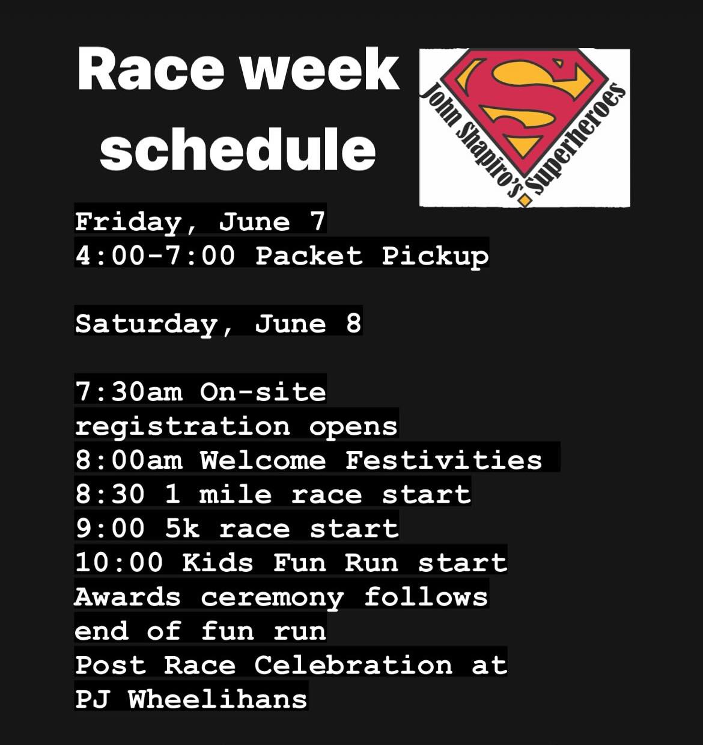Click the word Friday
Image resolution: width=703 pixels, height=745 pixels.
tap(128, 221)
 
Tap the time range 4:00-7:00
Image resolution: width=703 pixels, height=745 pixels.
tap(155, 256)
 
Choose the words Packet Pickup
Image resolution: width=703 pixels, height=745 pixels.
tap(372, 256)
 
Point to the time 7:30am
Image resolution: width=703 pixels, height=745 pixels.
tap(129, 392)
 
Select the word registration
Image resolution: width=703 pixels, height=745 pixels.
tap(182, 426)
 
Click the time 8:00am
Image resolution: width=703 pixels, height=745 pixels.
tap(129, 461)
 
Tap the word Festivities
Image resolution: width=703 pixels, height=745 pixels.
tap(443, 461)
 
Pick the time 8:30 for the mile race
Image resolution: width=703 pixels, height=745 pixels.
tap(111, 495)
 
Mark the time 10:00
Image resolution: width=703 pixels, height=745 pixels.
tap(119, 563)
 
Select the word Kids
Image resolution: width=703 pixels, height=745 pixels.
tap(218, 563)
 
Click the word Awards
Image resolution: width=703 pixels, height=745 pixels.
tap(127, 597)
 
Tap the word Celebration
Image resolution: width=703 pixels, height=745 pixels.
tap(353, 665)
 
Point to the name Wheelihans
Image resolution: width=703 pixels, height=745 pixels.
tap(218, 699)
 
